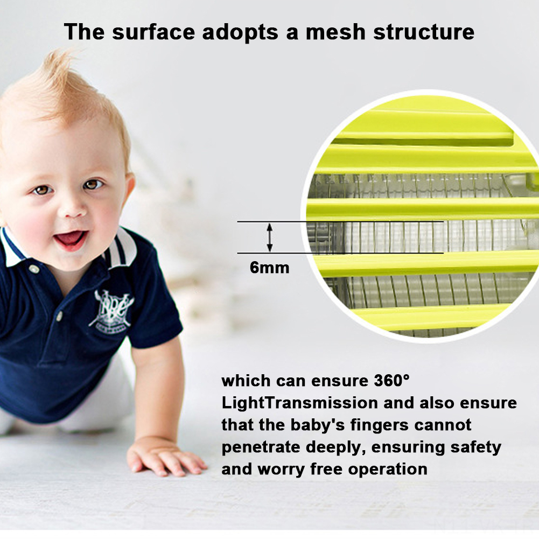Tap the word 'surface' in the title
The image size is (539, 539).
click(153, 32)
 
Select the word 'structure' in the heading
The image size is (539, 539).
click(423, 32)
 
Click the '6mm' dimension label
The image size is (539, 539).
click(269, 268)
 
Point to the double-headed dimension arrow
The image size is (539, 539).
click(270, 237)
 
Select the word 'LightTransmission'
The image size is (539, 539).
click(299, 403)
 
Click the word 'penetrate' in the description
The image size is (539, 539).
click(261, 447)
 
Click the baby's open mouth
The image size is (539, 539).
click(71, 239)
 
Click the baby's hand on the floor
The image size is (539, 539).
click(165, 458)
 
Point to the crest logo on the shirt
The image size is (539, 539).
click(110, 309)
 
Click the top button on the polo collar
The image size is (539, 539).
click(33, 269)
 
